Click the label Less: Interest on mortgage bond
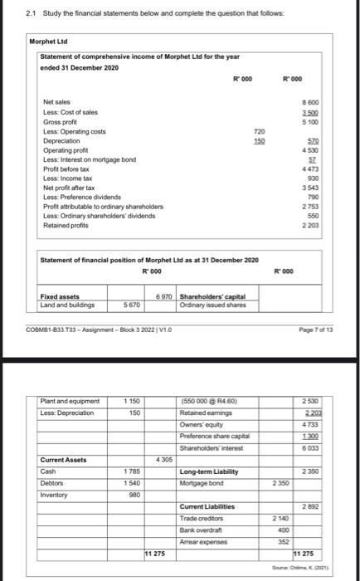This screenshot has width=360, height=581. pyautogui.click(x=89, y=159)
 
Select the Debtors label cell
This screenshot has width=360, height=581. pyautogui.click(x=56, y=482)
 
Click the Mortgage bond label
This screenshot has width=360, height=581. pyautogui.click(x=202, y=482)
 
